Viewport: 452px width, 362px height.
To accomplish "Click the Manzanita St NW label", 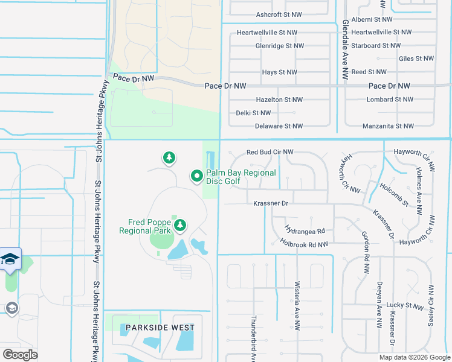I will [389, 126].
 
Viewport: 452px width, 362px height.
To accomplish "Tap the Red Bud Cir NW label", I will [270, 152].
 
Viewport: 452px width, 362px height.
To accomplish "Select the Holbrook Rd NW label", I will [304, 244].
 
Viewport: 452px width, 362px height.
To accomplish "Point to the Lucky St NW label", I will [406, 306].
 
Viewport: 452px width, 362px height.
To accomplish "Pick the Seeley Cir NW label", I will [431, 305].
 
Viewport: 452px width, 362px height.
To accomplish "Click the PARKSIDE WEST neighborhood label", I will [160, 328].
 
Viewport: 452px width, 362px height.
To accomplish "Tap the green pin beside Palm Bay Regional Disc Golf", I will [196, 176].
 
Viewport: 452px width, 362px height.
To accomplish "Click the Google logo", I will [20, 355].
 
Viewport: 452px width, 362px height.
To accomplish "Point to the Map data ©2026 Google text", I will [414, 357].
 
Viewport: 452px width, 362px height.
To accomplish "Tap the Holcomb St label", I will [395, 193].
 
